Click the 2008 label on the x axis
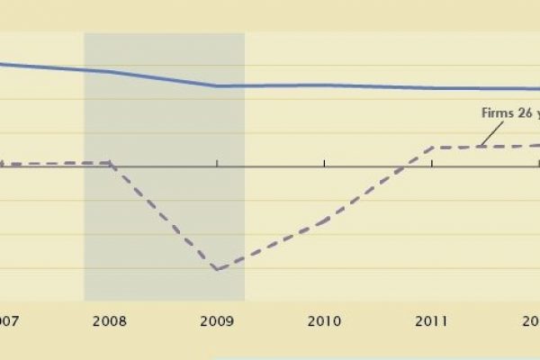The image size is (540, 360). click(x=110, y=319)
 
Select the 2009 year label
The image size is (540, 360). click(x=217, y=319)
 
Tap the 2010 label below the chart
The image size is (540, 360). click(x=324, y=319)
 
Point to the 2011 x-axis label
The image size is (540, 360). click(x=432, y=319)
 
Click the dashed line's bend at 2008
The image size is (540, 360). click(x=110, y=163)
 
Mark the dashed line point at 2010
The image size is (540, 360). click(x=324, y=219)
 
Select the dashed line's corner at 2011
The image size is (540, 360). click(x=432, y=147)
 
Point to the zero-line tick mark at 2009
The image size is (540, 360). click(x=217, y=163)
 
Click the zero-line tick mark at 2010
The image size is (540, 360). click(x=324, y=163)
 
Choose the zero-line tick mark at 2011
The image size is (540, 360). click(x=432, y=163)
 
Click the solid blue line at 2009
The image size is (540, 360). click(x=217, y=86)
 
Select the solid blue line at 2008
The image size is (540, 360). click(x=110, y=72)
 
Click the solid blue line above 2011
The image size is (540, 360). click(x=432, y=88)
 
